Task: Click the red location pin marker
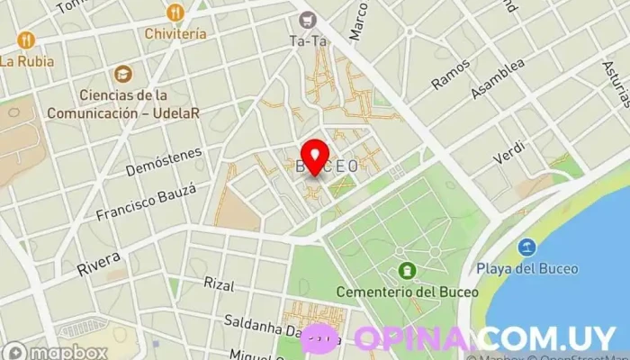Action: point(314,157)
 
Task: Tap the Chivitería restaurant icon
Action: point(175,13)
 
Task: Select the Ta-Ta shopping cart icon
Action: point(308,18)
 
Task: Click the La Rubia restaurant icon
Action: point(24,40)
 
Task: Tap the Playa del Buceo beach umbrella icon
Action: point(526,247)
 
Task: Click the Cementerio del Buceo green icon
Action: point(407,270)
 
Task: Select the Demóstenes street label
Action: point(164,160)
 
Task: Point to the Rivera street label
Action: point(98,258)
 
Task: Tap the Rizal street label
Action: point(219,284)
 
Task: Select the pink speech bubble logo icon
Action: point(320,338)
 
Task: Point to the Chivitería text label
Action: point(175,33)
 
